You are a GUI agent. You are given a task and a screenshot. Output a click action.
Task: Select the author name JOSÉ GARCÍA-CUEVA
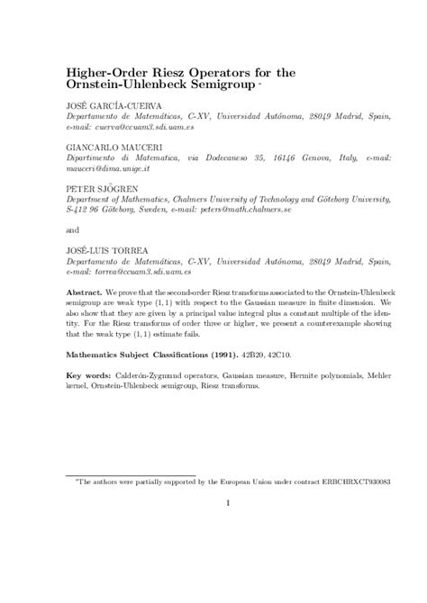click(109, 106)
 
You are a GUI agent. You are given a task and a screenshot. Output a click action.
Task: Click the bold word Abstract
click(85, 294)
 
